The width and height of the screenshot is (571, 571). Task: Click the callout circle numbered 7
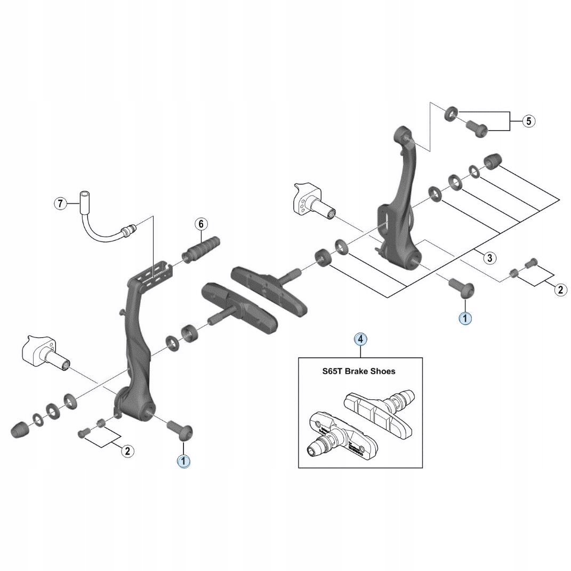[x=61, y=203]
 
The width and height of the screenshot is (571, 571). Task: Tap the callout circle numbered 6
[x=201, y=224]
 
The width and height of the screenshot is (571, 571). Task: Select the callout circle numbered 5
[x=528, y=121]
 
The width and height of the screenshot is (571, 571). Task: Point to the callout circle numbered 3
[x=489, y=258]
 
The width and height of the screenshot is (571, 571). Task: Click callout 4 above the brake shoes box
[x=360, y=339]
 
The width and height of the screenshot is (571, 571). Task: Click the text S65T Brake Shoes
[x=359, y=371]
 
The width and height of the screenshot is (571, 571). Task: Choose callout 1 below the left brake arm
[x=183, y=461]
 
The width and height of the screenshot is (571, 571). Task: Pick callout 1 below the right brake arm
[x=465, y=318]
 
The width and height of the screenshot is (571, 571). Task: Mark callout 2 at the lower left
[x=127, y=451]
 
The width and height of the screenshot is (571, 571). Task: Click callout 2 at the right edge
[x=560, y=289]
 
